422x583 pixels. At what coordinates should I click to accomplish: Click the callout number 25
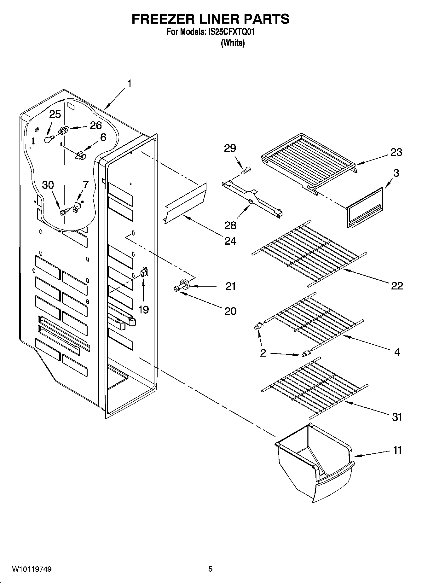pos(55,114)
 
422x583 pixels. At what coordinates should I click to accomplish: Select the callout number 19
pos(143,310)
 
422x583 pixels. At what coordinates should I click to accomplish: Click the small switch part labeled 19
pos(144,272)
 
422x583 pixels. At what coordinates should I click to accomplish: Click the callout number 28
pos(230,225)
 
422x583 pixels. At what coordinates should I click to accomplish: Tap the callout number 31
pos(397,417)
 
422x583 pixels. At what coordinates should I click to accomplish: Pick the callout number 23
pos(396,152)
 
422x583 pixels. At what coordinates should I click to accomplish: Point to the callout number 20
pos(230,311)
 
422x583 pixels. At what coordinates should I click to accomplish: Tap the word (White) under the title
pos(233,43)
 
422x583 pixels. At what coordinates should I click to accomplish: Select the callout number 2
pos(263,353)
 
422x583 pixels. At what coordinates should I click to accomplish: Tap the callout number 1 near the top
pos(129,84)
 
